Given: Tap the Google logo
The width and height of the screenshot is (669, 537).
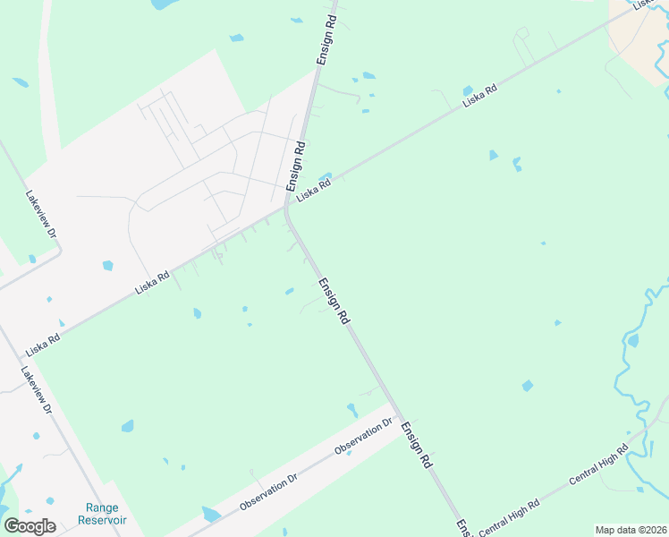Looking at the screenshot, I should [x=30, y=526].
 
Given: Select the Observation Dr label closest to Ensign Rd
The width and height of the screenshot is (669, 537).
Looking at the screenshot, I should [x=364, y=437].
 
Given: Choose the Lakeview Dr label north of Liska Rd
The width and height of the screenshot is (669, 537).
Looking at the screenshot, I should [x=41, y=214].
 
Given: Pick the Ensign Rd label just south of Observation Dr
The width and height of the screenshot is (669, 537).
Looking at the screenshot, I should [x=417, y=446].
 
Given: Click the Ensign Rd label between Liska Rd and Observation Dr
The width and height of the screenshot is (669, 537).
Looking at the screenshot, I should [x=334, y=301].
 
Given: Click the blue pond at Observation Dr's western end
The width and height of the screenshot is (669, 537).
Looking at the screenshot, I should [x=211, y=514].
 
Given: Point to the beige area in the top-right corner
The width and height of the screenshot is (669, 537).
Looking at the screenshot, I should [x=639, y=36].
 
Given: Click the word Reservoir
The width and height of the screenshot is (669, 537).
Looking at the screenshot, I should [x=102, y=520].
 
